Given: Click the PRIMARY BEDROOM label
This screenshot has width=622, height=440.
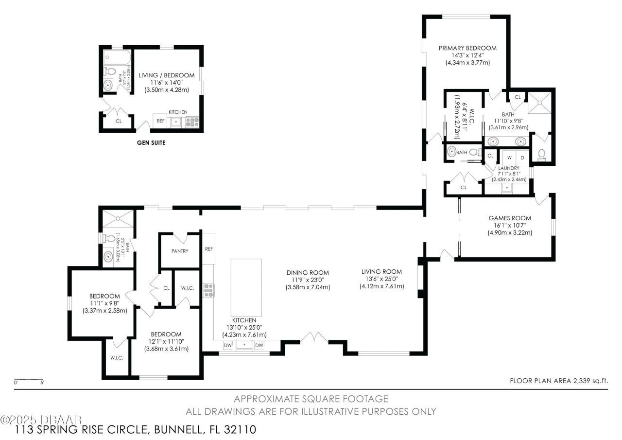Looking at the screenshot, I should pos(467,48).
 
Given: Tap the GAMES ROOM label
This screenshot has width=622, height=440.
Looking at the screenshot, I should pos(510,218).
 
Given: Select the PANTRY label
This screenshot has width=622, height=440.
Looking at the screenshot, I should pos(179,251).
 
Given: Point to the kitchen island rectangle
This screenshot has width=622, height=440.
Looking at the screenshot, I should pos(246,287).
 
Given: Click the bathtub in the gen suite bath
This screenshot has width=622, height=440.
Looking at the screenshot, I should pos(117,57).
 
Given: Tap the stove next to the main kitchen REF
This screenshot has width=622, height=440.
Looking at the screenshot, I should pos(209,290).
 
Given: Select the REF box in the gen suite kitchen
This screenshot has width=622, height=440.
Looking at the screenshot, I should pos(160,121).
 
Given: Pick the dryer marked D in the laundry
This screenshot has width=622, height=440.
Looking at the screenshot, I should pos(522,158).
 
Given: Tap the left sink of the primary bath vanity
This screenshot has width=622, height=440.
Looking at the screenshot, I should pos(494,141).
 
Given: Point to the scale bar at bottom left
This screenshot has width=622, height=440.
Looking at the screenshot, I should pos(29,379).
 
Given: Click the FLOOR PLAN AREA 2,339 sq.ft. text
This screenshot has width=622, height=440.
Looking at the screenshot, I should pos(558,381).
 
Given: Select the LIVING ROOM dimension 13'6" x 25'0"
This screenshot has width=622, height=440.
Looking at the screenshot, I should pos(381,279).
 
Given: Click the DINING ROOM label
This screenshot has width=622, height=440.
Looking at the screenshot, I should pos(308,273).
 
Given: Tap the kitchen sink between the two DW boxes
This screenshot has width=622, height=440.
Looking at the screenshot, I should pos(244,345).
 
